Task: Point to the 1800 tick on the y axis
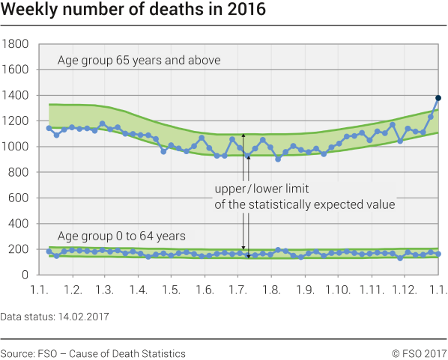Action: pyautogui.click(x=15, y=44)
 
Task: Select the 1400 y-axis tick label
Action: pyautogui.click(x=15, y=96)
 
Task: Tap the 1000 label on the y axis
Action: pyautogui.click(x=15, y=147)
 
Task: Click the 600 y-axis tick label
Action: pyautogui.click(x=18, y=198)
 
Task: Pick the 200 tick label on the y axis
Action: pyautogui.click(x=18, y=250)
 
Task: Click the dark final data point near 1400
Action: pyautogui.click(x=438, y=98)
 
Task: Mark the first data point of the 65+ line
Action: pyautogui.click(x=49, y=128)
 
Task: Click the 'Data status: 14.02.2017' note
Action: pyautogui.click(x=55, y=317)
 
